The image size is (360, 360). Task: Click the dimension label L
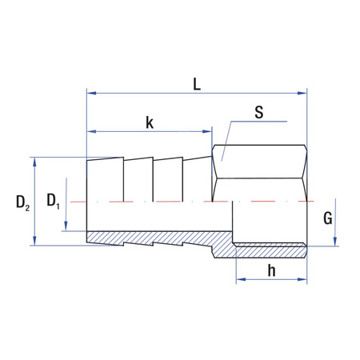(x=196, y=82)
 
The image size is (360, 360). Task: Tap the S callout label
(x=258, y=112)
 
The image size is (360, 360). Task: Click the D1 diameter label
(x=53, y=202)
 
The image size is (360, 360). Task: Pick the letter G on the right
(x=326, y=217)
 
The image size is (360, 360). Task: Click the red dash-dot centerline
(x=160, y=202)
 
